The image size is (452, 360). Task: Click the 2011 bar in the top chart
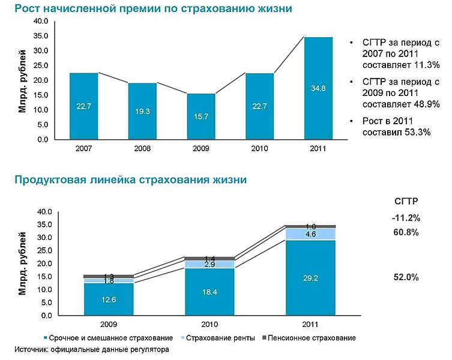point(318,88)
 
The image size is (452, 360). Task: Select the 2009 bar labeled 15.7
point(201,116)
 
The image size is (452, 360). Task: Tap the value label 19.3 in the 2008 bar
point(142,112)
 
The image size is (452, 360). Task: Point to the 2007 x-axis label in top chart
point(83,148)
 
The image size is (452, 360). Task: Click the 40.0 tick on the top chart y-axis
point(40,21)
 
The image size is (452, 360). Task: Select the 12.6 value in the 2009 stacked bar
point(101,299)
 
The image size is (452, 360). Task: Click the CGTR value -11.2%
point(406,217)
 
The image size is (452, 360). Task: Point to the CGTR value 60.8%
point(406,232)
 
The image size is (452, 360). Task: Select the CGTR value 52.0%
point(406,277)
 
